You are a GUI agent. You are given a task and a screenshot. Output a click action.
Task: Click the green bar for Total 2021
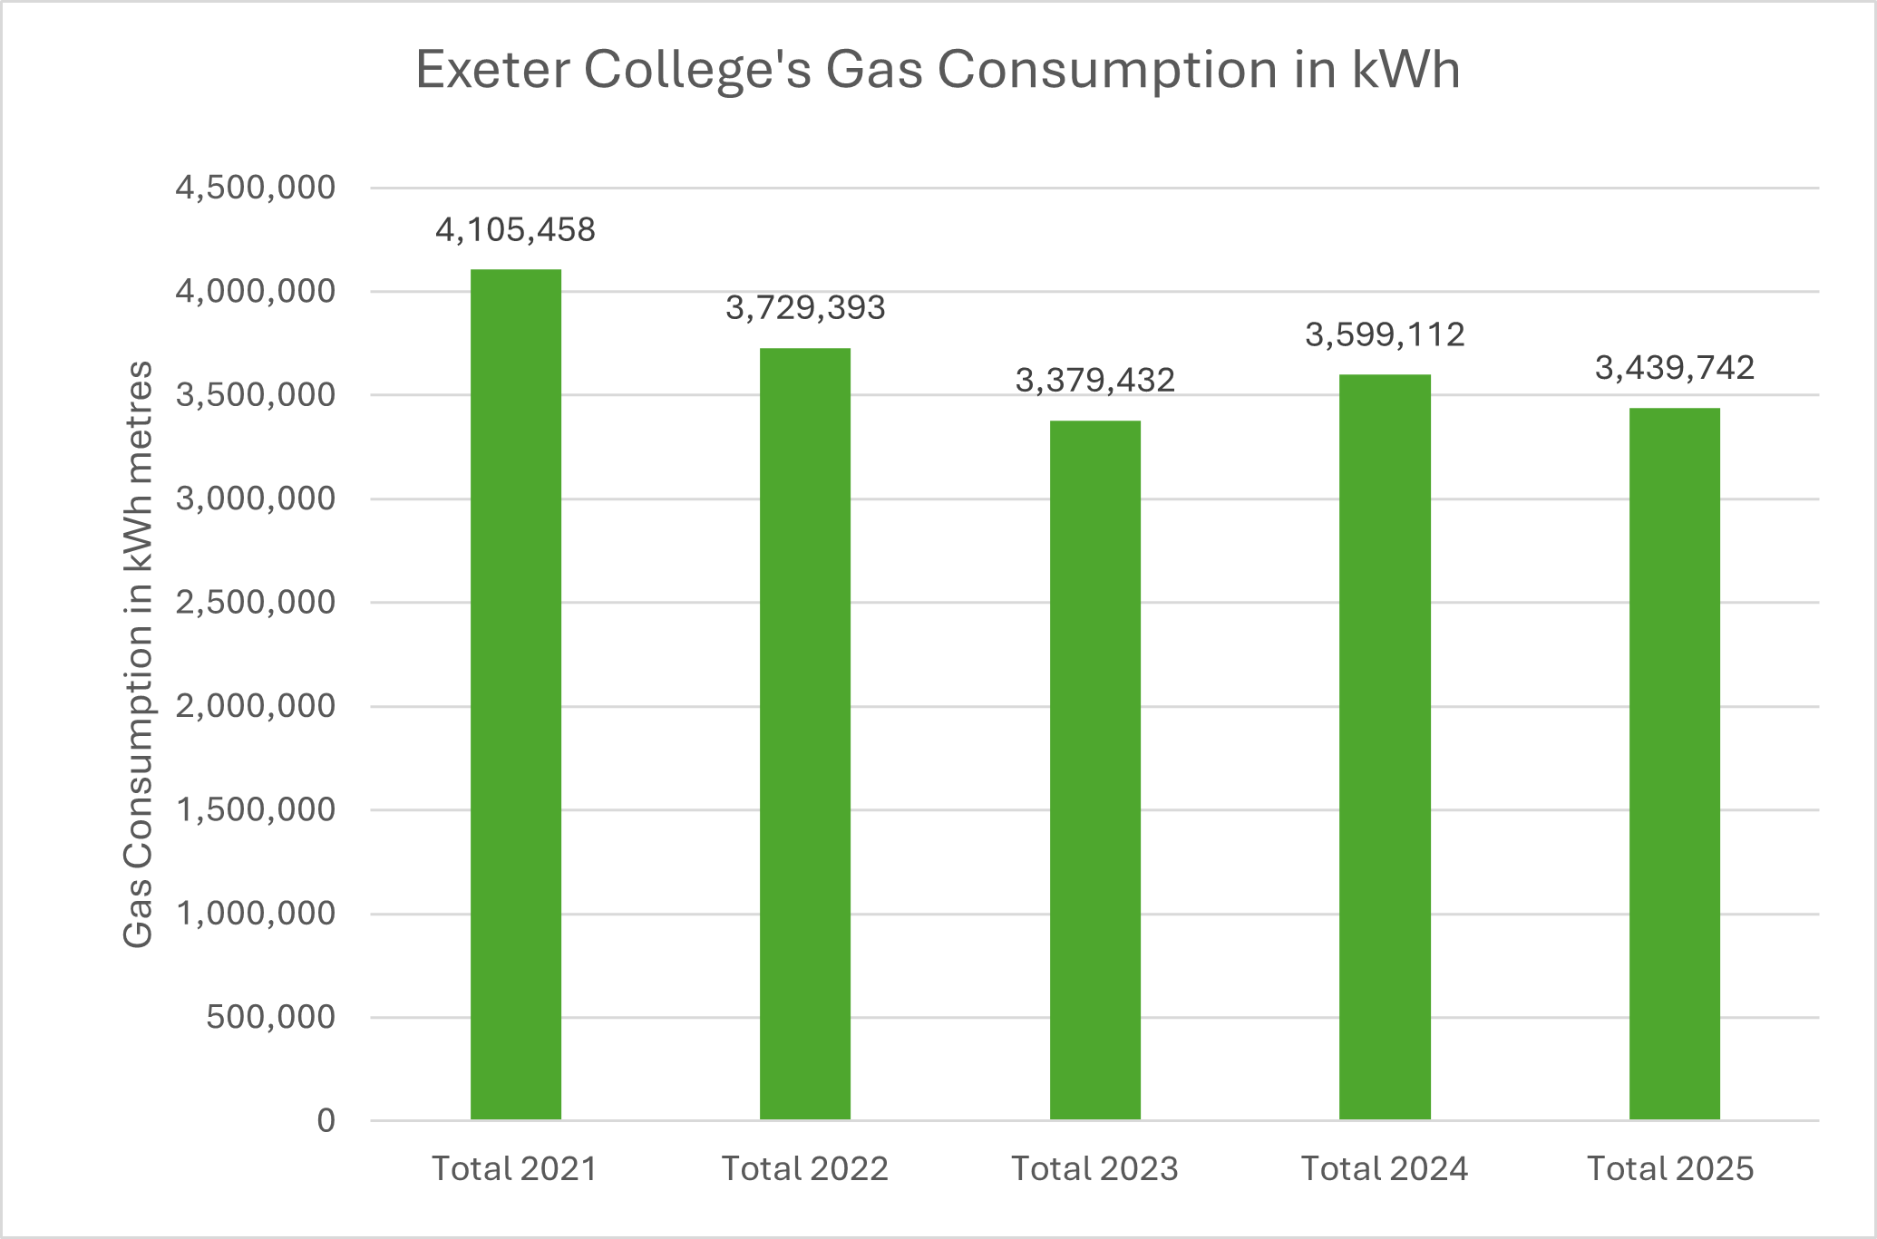click(x=515, y=694)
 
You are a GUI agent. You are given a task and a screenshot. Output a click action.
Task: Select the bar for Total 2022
click(x=805, y=734)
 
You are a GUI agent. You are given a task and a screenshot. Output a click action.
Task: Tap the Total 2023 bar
click(x=1094, y=770)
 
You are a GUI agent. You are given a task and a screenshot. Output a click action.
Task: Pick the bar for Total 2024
click(x=1385, y=747)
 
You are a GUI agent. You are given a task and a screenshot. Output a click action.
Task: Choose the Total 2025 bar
click(x=1674, y=764)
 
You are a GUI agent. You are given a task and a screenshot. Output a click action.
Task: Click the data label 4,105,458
click(x=515, y=230)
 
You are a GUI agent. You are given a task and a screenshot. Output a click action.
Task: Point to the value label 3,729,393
click(x=805, y=308)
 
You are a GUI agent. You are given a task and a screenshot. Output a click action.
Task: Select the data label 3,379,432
click(x=1094, y=381)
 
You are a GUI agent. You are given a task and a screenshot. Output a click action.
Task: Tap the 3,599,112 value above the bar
click(x=1385, y=335)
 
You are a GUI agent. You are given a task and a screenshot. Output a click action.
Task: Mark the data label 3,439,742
click(x=1674, y=368)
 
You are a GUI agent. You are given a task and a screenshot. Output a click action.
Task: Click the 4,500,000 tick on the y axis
click(x=255, y=188)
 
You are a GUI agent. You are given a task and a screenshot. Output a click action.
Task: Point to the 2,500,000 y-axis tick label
click(x=255, y=602)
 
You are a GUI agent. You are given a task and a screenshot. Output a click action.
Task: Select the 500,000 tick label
click(x=270, y=1017)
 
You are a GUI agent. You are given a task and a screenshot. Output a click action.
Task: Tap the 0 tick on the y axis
click(x=326, y=1121)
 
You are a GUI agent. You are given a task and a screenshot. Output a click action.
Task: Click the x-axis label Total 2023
click(x=1094, y=1169)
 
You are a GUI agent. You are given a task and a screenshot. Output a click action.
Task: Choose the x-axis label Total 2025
click(x=1670, y=1169)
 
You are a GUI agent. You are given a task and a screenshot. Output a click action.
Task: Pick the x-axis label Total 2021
click(x=514, y=1169)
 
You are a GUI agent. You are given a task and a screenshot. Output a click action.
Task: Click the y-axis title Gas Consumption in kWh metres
click(x=138, y=654)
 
